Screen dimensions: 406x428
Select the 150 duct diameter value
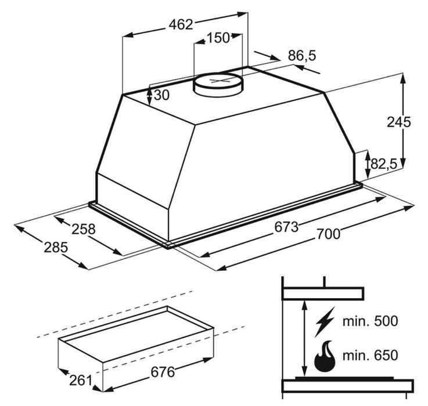(x=218, y=38)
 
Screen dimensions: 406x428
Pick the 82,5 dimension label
(x=384, y=164)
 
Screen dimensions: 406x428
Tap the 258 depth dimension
(x=83, y=229)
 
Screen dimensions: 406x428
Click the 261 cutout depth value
(x=81, y=380)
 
